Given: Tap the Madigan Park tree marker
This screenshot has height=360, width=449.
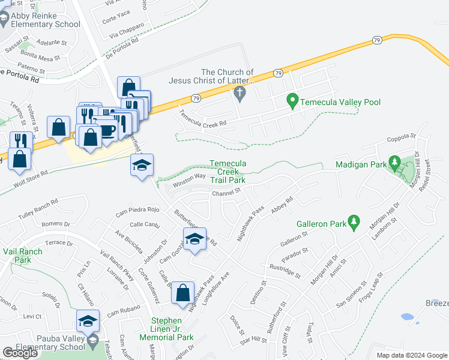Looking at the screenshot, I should [x=394, y=162].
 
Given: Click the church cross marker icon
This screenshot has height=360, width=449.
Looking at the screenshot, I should [x=240, y=93].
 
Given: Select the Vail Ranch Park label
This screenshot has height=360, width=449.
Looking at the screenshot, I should [x=23, y=256].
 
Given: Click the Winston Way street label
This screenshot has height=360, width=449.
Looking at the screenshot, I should [x=190, y=178].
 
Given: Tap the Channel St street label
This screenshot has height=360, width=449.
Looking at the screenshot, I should [x=226, y=193].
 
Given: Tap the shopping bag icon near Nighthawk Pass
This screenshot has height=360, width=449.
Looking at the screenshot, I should [x=183, y=293].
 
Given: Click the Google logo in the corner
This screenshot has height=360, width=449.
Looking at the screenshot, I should [x=20, y=353].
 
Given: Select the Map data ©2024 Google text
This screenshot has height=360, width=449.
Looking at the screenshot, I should [x=412, y=355].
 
